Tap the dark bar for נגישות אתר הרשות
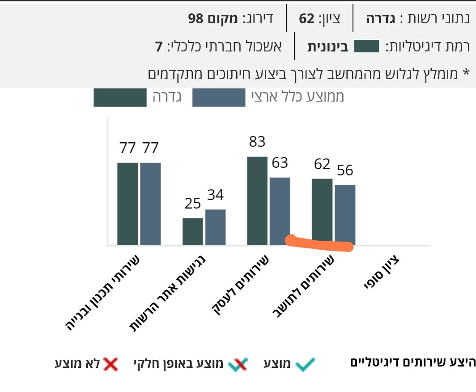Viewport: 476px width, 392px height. click(193, 231)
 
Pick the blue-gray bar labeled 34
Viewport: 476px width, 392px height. click(215, 227)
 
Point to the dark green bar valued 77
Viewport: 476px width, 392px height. click(127, 204)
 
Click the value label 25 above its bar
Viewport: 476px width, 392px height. click(193, 204)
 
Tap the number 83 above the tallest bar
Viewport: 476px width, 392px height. click(257, 142)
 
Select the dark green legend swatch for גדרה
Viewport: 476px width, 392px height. click(120, 98)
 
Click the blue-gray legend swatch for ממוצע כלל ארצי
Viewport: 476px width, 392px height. click(219, 98)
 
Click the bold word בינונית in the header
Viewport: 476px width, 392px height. click(327, 47)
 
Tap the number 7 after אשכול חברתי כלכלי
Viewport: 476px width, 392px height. click(158, 47)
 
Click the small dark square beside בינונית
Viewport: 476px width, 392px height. click(366, 46)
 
